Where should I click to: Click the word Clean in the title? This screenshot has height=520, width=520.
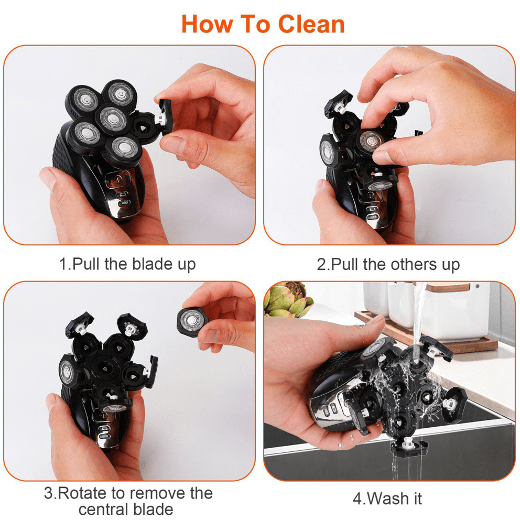point(311,24)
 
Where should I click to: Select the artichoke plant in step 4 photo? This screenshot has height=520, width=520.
point(286,301)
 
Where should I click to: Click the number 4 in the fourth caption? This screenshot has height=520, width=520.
point(358,498)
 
